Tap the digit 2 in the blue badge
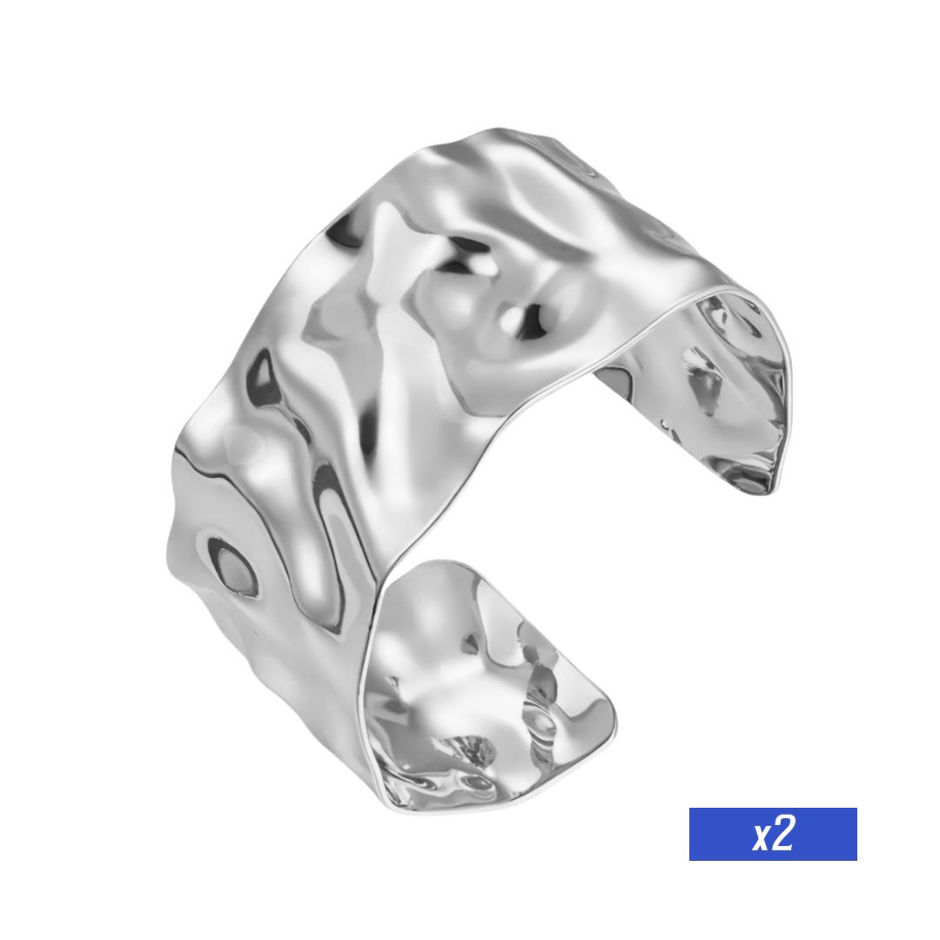783,833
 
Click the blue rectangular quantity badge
773,834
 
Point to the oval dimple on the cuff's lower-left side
232,567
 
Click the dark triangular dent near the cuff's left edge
265,377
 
